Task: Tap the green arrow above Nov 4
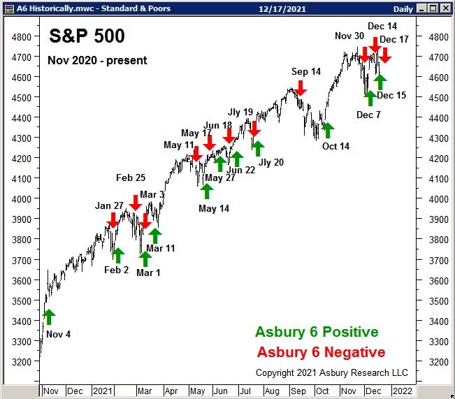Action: point(48,317)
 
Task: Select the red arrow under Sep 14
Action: point(301,87)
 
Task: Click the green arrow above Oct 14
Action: point(328,129)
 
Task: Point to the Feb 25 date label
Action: point(131,178)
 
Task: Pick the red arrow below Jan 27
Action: point(113,219)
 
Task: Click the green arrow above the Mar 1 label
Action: point(145,258)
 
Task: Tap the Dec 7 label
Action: point(368,115)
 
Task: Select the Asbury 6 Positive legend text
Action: point(317,332)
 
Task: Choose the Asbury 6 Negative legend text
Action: point(321,352)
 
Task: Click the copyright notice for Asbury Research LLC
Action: point(331,372)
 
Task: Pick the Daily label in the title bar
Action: point(403,8)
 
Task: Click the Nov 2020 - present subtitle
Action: point(97,60)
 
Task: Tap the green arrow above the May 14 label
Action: point(206,191)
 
